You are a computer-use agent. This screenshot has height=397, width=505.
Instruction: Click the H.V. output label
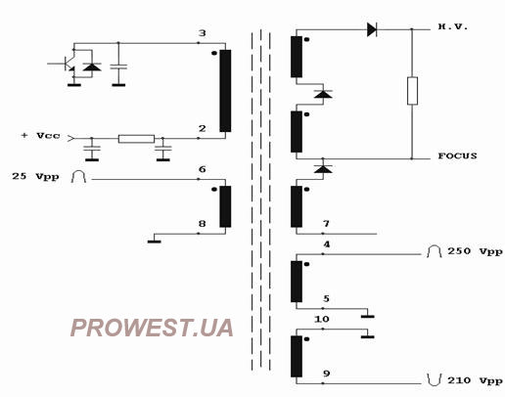(x=453, y=26)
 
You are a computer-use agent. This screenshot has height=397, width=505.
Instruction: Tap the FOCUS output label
(x=457, y=155)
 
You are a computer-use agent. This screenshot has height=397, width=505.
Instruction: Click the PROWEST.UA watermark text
(x=152, y=328)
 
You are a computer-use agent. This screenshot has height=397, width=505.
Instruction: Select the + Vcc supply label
(x=41, y=136)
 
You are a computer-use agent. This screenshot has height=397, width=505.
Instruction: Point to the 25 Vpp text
(x=35, y=177)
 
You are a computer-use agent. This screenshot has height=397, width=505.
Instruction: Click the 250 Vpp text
(x=475, y=251)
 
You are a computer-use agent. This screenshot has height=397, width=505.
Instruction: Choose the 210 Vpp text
(x=475, y=380)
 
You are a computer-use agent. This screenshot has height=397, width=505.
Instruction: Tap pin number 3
(x=203, y=33)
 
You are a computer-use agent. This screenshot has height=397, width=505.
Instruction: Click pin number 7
(x=326, y=224)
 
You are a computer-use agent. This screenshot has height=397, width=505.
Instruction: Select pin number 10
(x=322, y=320)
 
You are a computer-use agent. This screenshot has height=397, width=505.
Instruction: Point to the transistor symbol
(x=66, y=64)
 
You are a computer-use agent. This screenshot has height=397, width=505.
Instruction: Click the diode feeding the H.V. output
(x=372, y=29)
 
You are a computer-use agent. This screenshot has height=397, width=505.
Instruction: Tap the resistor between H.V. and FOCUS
(x=412, y=91)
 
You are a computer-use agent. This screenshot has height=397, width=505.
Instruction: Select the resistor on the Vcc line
(x=136, y=139)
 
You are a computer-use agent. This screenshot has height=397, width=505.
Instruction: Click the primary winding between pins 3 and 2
(x=225, y=91)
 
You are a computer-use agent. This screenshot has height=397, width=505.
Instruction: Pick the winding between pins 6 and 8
(x=225, y=206)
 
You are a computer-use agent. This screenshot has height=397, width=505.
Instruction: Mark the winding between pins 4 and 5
(x=297, y=282)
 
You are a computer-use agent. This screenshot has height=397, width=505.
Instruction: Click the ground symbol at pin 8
(x=154, y=242)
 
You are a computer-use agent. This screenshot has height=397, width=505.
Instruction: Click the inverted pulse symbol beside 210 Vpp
(x=435, y=380)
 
